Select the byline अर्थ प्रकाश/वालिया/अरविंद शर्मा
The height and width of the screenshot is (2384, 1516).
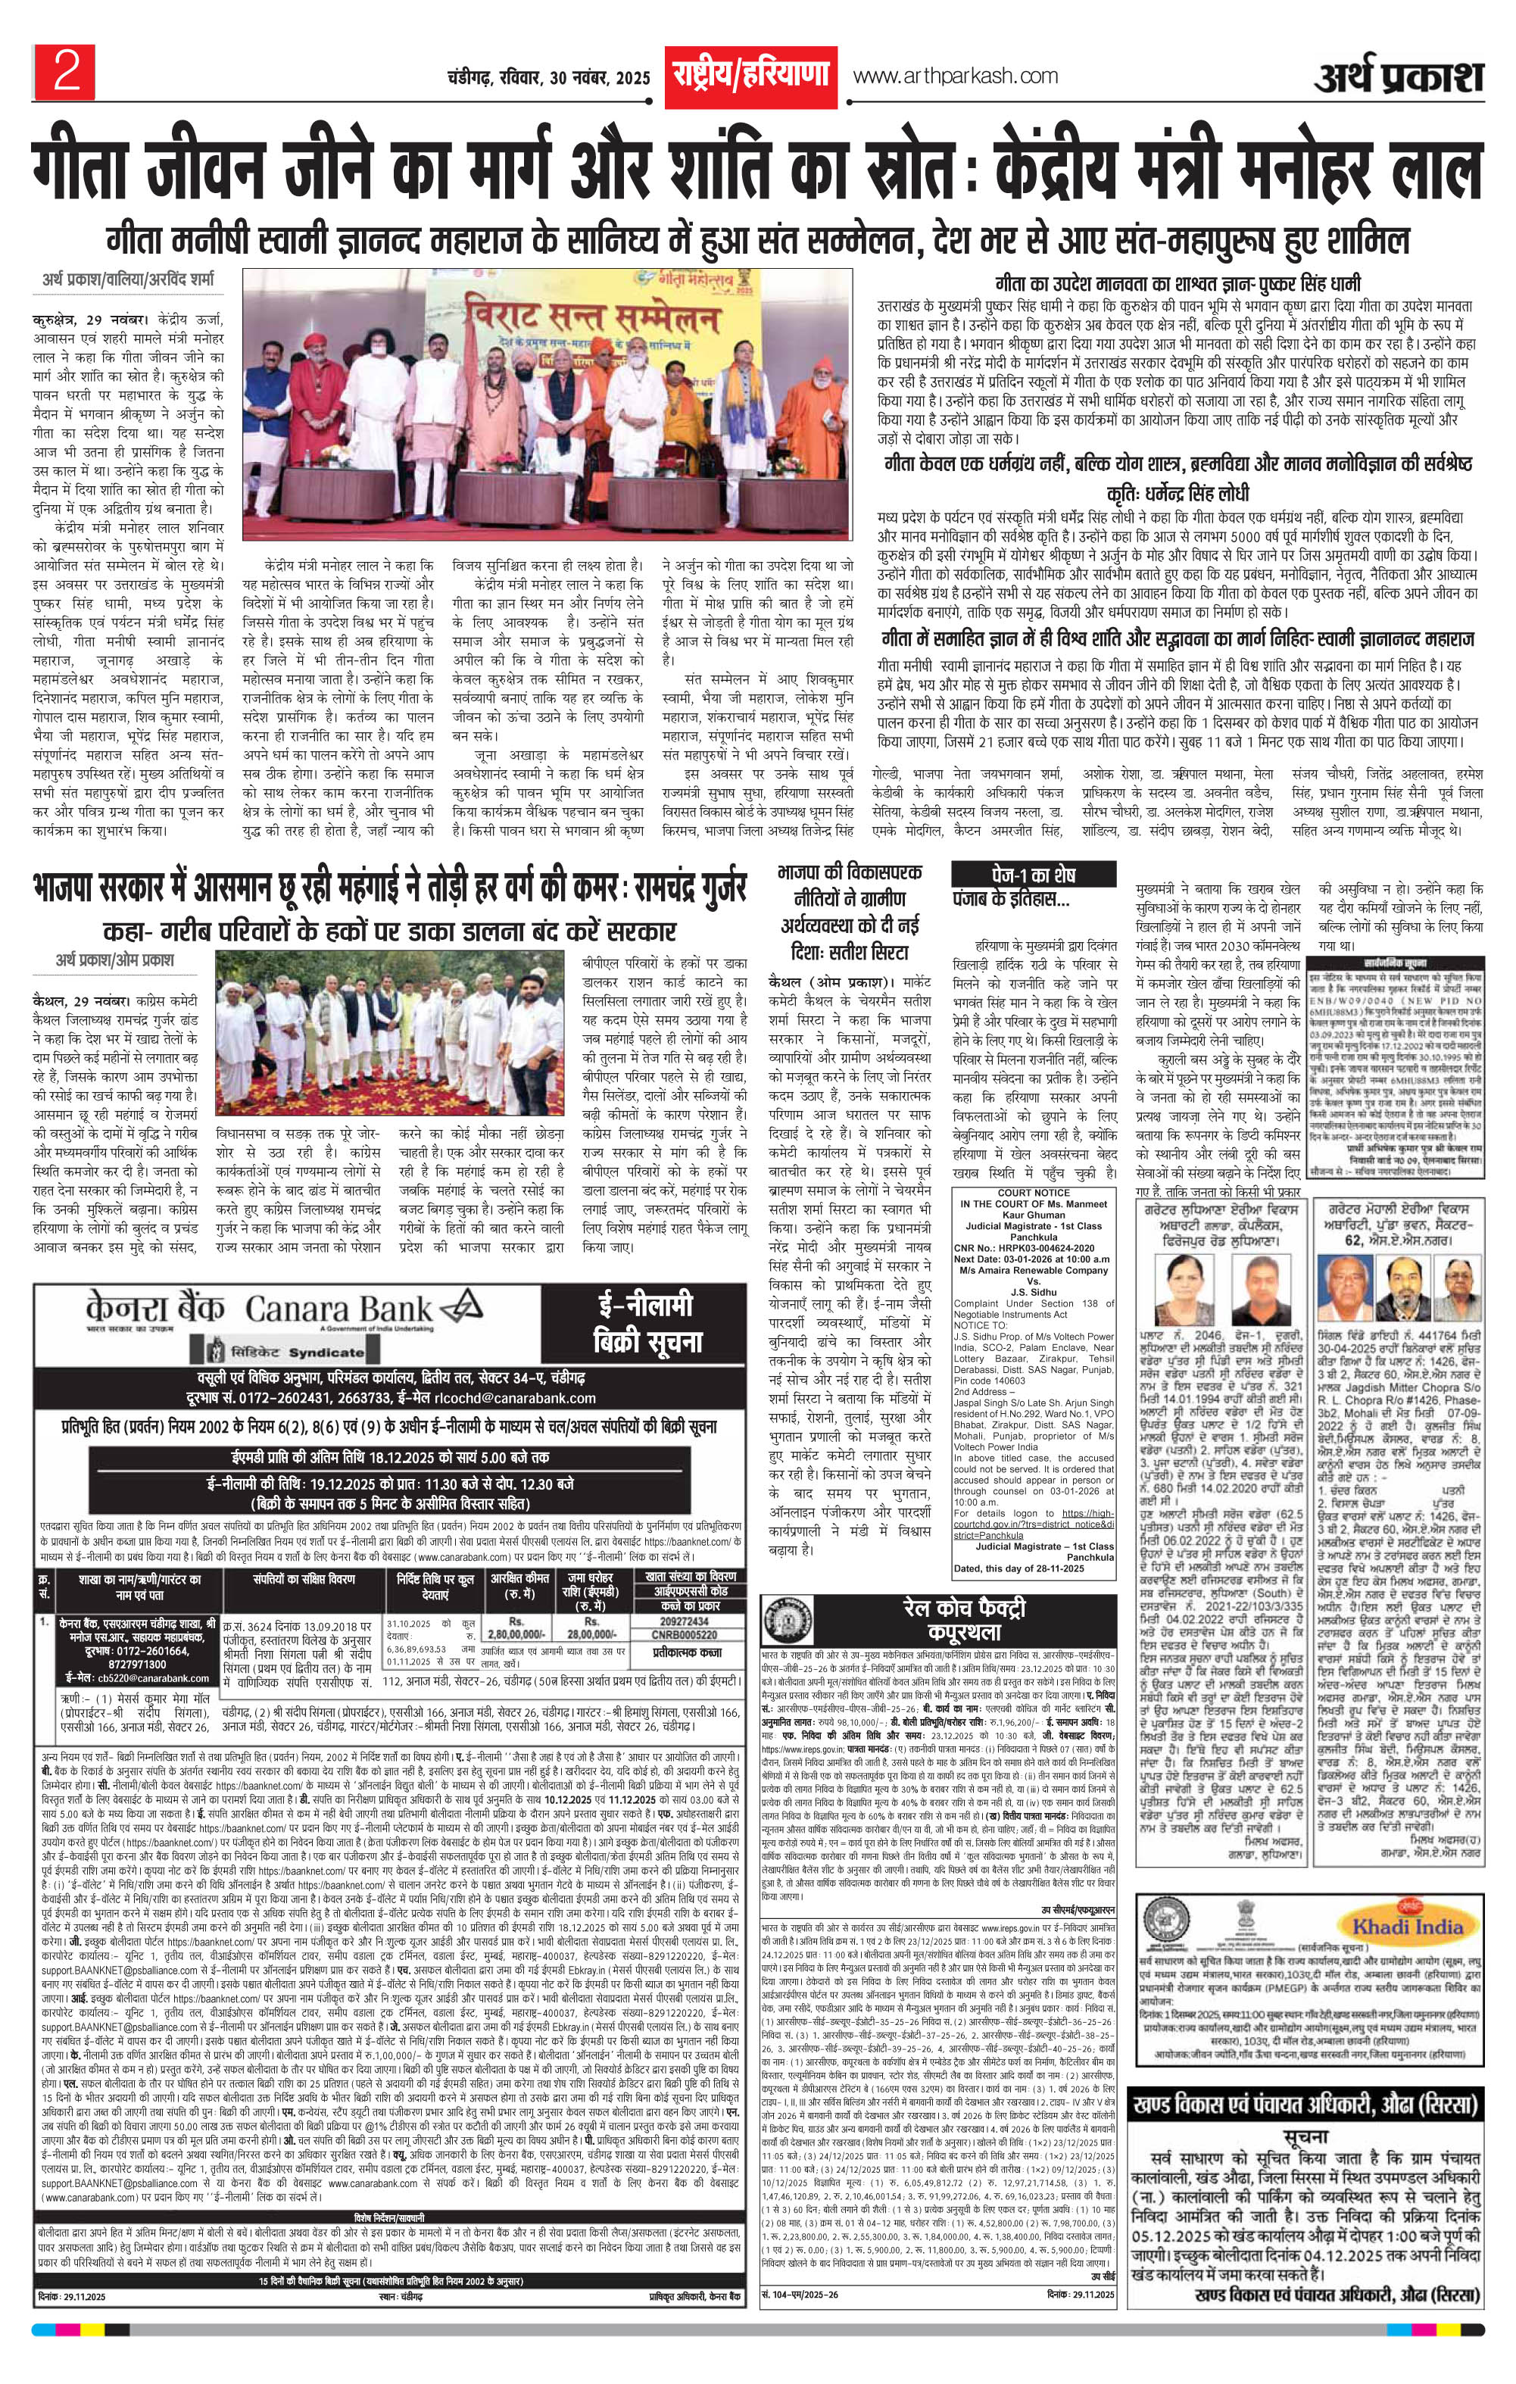click(126, 280)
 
